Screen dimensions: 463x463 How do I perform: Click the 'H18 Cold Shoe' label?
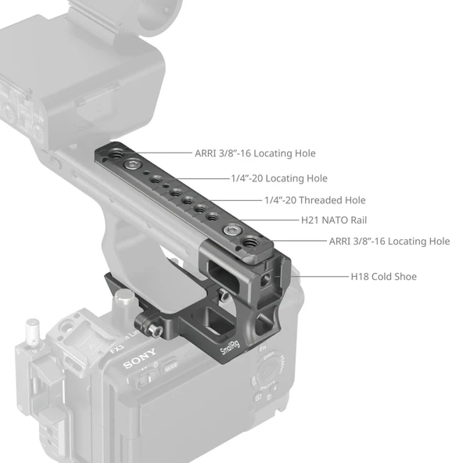coord(383,276)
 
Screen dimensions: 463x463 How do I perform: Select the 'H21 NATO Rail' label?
coord(334,221)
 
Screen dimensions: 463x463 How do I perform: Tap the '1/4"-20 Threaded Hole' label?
coord(314,200)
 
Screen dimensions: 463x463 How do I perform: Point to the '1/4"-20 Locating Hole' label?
coord(279,178)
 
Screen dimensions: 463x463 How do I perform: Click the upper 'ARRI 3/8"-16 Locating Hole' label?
coord(255,153)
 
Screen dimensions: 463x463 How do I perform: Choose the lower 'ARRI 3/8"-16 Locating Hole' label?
coord(389,242)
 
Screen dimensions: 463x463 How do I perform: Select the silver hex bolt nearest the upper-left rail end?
coord(136,165)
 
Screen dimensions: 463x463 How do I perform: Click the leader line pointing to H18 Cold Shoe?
coord(321,276)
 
